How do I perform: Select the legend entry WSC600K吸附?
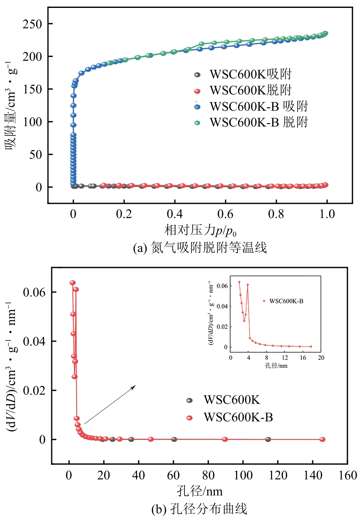[250, 75]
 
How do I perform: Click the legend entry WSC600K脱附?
[250, 90]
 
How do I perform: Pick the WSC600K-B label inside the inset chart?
[286, 300]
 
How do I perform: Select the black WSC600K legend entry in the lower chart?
[231, 400]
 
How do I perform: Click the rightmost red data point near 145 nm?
[322, 439]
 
